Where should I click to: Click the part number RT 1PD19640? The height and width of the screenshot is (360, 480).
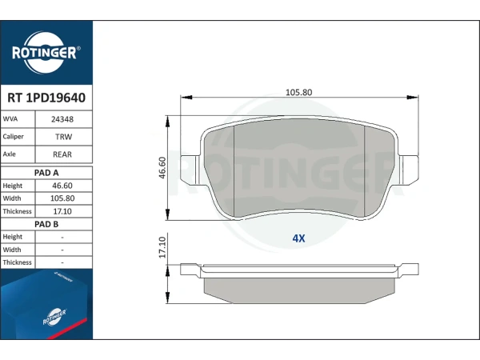coord(46,98)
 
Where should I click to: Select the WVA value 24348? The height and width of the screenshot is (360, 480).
coord(62,119)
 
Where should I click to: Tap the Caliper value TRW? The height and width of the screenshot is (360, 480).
coord(64,137)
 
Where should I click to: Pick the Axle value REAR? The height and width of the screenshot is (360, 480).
coord(62,154)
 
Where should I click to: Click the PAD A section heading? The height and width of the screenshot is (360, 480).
coord(46,173)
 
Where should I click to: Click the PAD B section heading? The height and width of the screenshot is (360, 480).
coord(46,224)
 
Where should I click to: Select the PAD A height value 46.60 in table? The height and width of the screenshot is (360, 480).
coord(62,186)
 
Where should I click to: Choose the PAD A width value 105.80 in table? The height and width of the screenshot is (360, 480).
coord(62,198)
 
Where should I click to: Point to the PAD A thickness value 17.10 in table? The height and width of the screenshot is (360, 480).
coord(62,211)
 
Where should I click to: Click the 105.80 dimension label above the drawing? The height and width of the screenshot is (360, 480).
coord(298,93)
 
